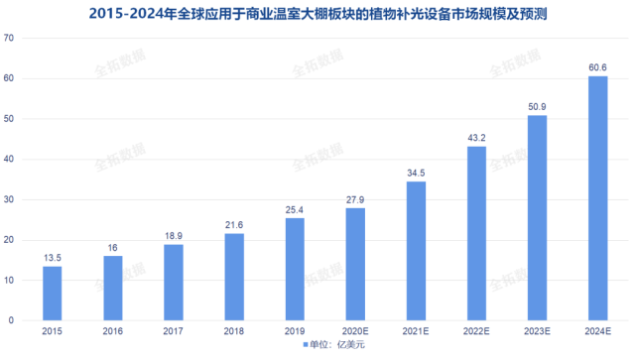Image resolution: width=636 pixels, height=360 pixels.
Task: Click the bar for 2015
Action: click(x=52, y=294)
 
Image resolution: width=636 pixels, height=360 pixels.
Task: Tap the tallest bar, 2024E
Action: click(x=597, y=198)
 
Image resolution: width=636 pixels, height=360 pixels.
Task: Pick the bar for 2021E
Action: click(x=416, y=251)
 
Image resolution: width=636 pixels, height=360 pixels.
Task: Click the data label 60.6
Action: click(x=597, y=67)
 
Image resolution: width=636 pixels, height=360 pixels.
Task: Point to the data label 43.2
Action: click(x=476, y=137)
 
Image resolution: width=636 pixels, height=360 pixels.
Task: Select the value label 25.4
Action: click(x=295, y=209)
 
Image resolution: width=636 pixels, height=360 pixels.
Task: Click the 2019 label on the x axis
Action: click(x=295, y=331)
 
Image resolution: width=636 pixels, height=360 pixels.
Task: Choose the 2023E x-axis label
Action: click(x=537, y=331)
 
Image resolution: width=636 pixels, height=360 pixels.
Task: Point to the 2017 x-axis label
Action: click(x=173, y=331)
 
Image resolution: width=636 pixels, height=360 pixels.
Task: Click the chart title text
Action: click(x=318, y=13)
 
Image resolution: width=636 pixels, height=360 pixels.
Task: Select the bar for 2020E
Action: click(x=355, y=265)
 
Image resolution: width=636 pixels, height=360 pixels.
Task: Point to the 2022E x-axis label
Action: click(x=476, y=331)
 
